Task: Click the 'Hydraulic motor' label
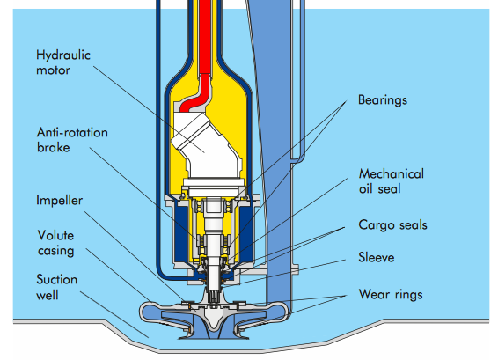tap(63, 62)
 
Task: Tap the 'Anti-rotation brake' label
tap(72, 140)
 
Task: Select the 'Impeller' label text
tap(60, 201)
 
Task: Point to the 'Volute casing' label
tap(56, 243)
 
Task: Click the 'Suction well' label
tap(57, 287)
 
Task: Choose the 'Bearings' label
tap(383, 100)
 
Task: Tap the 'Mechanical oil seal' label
tap(392, 181)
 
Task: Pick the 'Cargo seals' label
tap(393, 225)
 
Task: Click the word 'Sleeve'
tap(377, 257)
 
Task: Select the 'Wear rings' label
tap(391, 295)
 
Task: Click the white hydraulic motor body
tap(208, 150)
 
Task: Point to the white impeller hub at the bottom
tap(212, 314)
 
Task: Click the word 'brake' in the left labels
tap(54, 147)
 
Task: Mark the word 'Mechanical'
tap(392, 173)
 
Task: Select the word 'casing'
tap(56, 251)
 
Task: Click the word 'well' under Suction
tap(48, 295)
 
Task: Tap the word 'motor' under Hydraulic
tap(53, 70)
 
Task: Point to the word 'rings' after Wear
tap(409, 295)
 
